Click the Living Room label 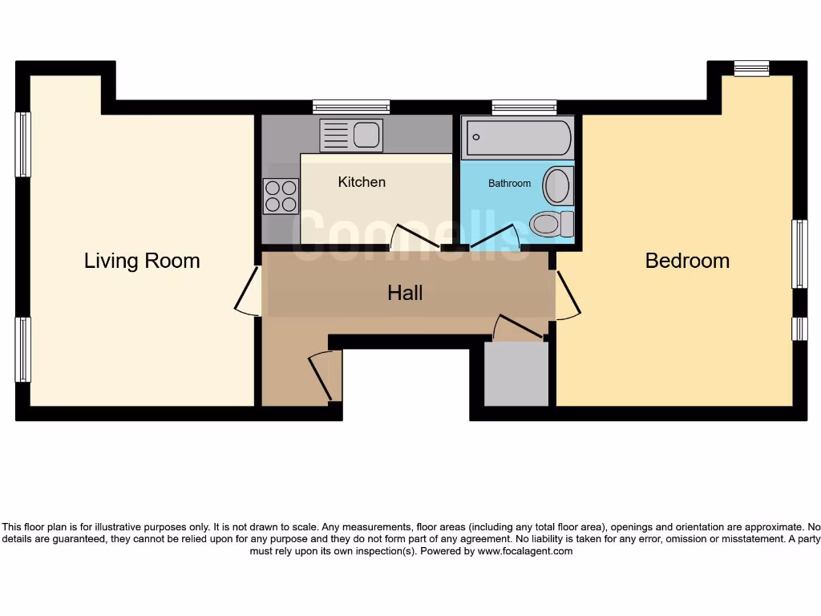(x=142, y=261)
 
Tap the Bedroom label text (x=687, y=261)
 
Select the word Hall (x=405, y=293)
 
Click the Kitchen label (x=362, y=182)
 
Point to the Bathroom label (x=509, y=184)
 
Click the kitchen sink (x=351, y=135)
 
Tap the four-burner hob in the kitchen (x=281, y=196)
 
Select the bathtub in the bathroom (x=518, y=137)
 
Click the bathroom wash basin (x=556, y=186)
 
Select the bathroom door (x=495, y=237)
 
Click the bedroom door (x=567, y=296)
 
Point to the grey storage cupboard (x=516, y=374)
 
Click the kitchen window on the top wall (x=351, y=107)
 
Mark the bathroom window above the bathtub (x=524, y=107)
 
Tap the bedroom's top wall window (x=751, y=68)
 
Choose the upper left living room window (x=23, y=144)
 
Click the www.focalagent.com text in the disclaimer (x=525, y=551)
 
